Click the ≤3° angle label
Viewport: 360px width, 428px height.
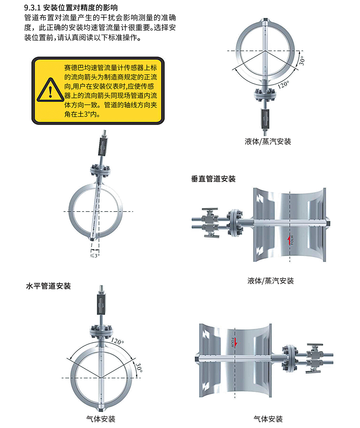95,255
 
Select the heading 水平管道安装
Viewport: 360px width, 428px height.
49,286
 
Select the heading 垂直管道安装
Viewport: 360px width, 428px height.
213,179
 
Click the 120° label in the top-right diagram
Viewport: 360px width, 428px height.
283,85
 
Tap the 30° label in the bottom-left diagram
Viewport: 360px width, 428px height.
139,367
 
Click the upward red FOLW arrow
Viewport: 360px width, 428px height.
288,239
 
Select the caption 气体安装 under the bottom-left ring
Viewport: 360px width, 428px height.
101,419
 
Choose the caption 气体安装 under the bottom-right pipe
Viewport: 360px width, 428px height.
268,419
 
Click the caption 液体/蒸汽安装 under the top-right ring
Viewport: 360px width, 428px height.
268,142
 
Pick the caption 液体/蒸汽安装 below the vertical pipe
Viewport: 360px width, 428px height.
271,281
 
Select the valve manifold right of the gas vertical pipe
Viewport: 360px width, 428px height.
314,358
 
